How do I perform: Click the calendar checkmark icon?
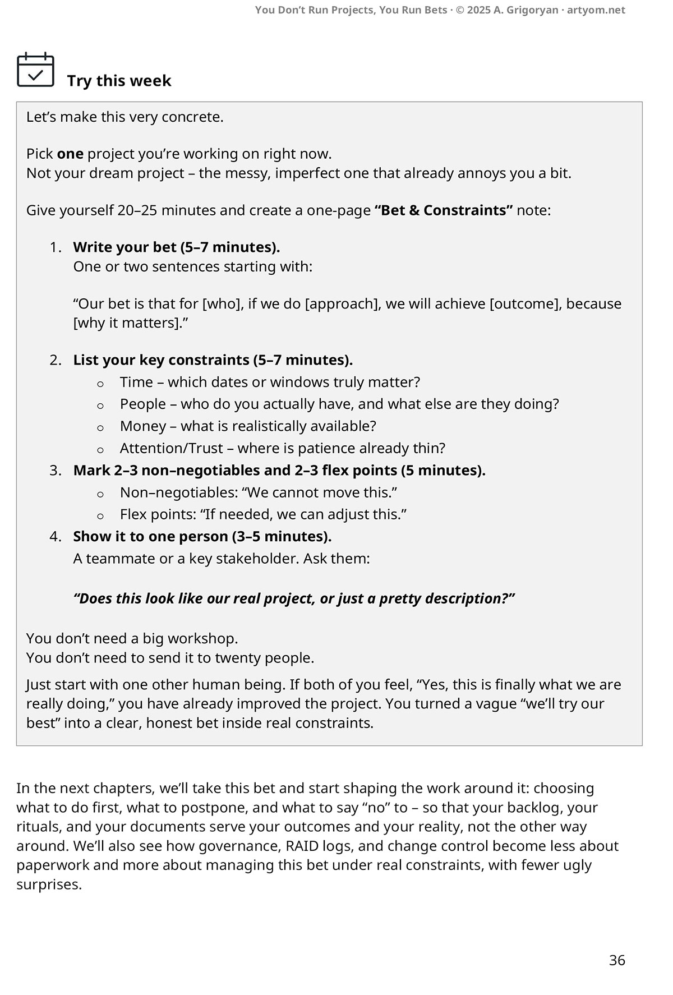pos(35,70)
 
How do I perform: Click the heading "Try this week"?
pos(119,81)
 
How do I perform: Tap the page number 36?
pos(616,960)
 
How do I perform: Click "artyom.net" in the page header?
pos(596,10)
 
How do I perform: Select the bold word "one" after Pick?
pos(70,154)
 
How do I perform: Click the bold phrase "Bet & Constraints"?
pos(444,210)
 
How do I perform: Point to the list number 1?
pos(55,247)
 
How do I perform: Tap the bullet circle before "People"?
pos(100,406)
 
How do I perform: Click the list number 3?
pos(55,470)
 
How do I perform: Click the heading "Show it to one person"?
pos(150,536)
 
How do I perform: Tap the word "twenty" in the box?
pos(237,657)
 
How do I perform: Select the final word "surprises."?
pos(49,885)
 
